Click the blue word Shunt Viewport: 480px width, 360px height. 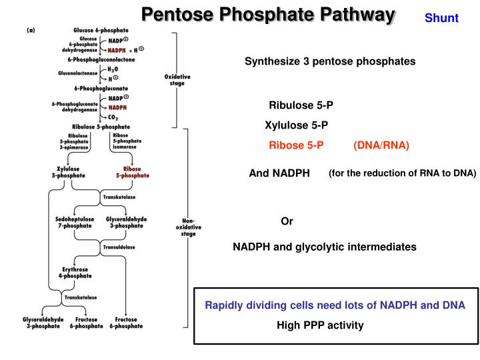click(441, 18)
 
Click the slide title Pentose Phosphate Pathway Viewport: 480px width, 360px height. click(267, 14)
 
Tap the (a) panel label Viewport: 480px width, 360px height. click(31, 31)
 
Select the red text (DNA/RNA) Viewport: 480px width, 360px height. click(381, 145)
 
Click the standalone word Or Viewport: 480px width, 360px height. click(287, 221)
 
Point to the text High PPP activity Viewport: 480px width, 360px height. click(320, 325)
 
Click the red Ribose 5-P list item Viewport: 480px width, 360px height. click(296, 145)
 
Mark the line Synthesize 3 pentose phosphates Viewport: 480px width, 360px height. click(329, 61)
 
